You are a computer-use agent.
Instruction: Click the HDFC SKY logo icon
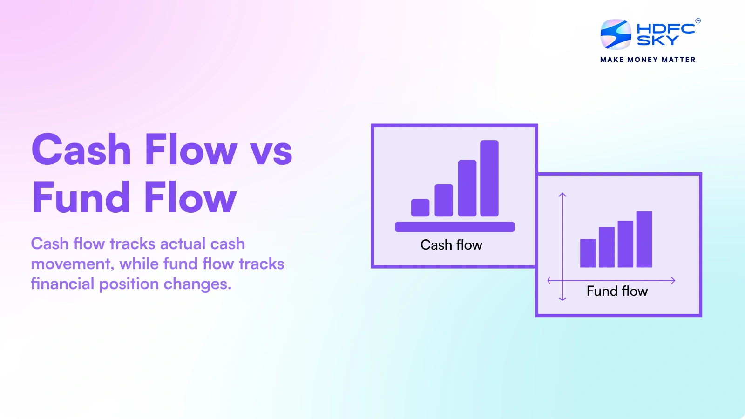pyautogui.click(x=616, y=34)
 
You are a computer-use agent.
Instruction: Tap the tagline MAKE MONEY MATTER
pyautogui.click(x=648, y=60)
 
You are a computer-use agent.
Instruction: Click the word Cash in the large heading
pyautogui.click(x=81, y=150)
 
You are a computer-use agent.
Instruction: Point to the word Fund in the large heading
pyautogui.click(x=81, y=198)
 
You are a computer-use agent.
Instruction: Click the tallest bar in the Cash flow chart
pyautogui.click(x=489, y=178)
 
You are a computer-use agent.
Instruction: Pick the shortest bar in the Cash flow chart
pyautogui.click(x=420, y=208)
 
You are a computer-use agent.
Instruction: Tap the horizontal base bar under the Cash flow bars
pyautogui.click(x=454, y=227)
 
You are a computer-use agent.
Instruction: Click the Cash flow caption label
pyautogui.click(x=451, y=245)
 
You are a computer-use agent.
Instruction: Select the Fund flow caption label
pyautogui.click(x=617, y=291)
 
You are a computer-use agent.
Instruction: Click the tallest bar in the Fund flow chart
pyautogui.click(x=644, y=239)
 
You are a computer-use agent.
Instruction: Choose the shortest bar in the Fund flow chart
pyautogui.click(x=588, y=253)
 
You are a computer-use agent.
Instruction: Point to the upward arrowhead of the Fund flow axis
pyautogui.click(x=562, y=195)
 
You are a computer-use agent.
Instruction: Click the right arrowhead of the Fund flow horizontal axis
pyautogui.click(x=673, y=280)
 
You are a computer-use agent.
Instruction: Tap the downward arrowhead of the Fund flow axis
pyautogui.click(x=562, y=298)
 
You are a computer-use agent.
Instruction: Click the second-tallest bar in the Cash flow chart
pyautogui.click(x=467, y=189)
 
